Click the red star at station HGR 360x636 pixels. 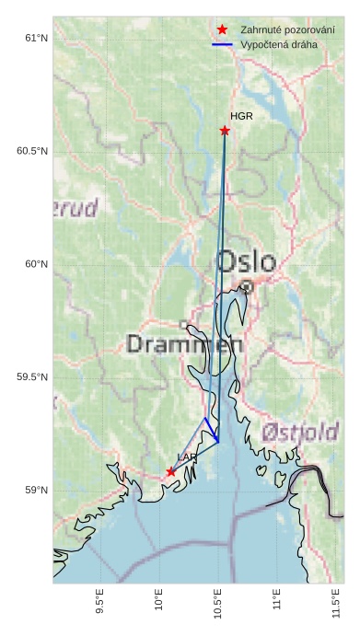(225, 131)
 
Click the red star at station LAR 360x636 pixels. (171, 471)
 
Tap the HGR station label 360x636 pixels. (241, 117)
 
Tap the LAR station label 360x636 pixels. (187, 457)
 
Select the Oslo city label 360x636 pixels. (245, 260)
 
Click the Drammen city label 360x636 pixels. (184, 345)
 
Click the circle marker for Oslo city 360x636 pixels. (247, 287)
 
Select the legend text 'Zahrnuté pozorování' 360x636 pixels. (286, 30)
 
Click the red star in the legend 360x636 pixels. (222, 30)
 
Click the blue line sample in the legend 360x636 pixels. (222, 44)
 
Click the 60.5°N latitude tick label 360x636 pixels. (32, 151)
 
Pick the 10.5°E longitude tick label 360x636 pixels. (218, 605)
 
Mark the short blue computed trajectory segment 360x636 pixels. (211, 430)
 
